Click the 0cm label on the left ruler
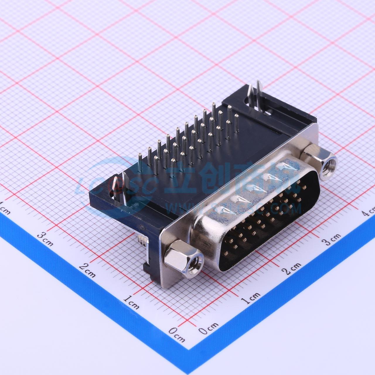pyautogui.click(x=177, y=335)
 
